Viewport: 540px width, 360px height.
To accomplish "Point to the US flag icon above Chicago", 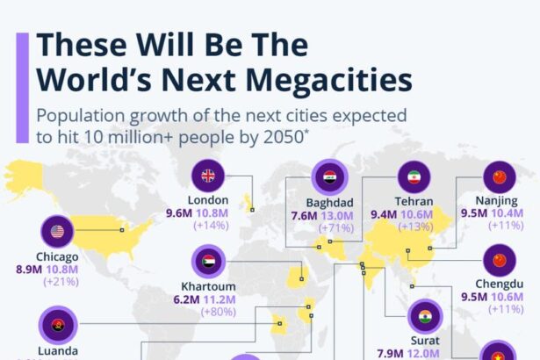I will (58, 232).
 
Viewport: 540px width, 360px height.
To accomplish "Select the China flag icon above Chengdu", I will (500, 261).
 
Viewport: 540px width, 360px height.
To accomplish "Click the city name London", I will (208, 200).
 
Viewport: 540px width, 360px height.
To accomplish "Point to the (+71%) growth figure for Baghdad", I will (331, 227).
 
